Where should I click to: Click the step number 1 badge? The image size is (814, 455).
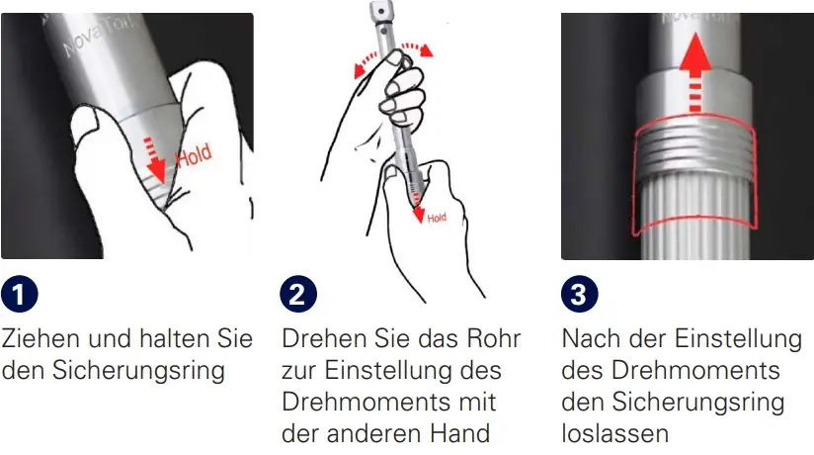[20, 295]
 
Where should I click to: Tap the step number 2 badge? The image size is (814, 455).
[297, 295]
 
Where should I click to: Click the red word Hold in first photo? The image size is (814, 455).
[194, 156]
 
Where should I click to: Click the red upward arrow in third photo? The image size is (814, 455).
[697, 75]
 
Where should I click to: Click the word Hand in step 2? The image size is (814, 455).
[463, 433]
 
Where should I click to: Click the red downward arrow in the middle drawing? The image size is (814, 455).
[417, 202]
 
